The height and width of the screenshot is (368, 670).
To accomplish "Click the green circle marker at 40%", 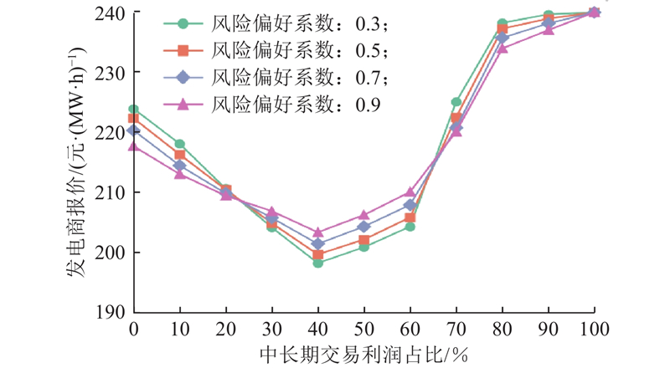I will pyautogui.click(x=318, y=263).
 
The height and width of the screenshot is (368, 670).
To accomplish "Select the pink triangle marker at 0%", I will pyautogui.click(x=134, y=146).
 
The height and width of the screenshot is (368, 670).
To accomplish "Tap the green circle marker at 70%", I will pyautogui.click(x=456, y=102).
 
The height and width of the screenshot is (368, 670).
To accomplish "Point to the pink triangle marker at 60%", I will pyautogui.click(x=410, y=192).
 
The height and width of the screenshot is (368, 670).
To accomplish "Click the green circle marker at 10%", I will pyautogui.click(x=180, y=144).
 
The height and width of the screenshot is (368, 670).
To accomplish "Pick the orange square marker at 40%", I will pyautogui.click(x=318, y=255).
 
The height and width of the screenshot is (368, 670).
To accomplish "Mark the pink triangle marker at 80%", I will pyautogui.click(x=502, y=48).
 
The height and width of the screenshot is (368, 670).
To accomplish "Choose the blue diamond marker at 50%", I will pyautogui.click(x=364, y=227).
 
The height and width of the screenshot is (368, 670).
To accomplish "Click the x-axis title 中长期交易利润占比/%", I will pyautogui.click(x=363, y=352).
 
